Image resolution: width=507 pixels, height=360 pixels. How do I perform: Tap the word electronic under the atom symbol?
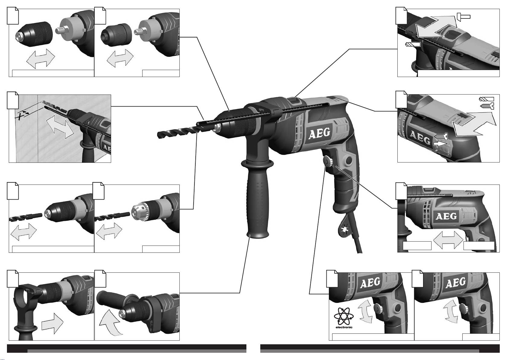tap(344, 327)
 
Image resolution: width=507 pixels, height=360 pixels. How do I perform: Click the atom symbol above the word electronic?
tap(344, 316)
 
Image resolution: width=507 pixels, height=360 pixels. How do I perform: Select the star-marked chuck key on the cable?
tap(345, 229)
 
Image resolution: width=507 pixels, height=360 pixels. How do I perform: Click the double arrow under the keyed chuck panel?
tap(109, 231)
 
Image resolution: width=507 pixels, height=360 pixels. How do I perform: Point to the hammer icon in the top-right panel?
tap(464, 17)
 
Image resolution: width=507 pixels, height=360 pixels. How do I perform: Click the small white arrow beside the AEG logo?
tap(440, 143)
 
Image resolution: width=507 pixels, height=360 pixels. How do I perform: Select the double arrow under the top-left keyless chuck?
tap(41, 58)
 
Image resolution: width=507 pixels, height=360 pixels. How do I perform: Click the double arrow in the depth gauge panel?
tap(60, 126)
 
